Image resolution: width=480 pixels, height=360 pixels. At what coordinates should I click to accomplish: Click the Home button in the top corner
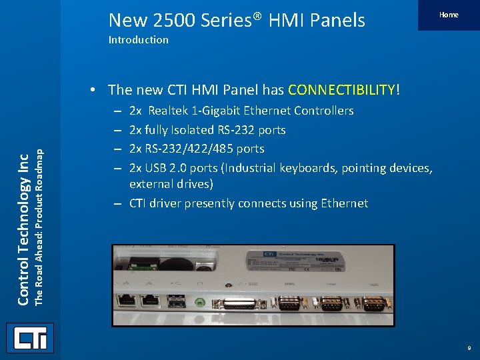[x=449, y=15]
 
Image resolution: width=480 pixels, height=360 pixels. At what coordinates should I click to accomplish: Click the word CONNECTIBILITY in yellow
[x=342, y=89]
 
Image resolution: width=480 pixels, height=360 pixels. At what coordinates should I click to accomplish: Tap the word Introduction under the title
[x=139, y=40]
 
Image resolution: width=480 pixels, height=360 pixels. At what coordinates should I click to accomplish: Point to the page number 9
[x=469, y=348]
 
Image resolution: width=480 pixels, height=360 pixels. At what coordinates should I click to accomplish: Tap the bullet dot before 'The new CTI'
[x=97, y=90]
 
